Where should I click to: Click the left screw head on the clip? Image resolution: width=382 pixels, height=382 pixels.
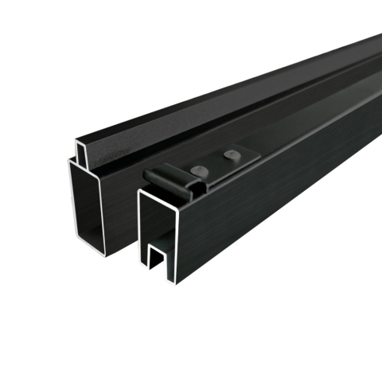click(196, 170)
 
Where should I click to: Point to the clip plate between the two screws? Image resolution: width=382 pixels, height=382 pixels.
click(213, 164)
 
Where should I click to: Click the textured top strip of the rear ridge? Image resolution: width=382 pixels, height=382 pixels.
click(199, 103)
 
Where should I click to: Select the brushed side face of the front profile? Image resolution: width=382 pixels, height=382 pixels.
click(279, 199)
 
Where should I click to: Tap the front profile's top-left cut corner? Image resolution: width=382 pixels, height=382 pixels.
click(140, 192)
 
